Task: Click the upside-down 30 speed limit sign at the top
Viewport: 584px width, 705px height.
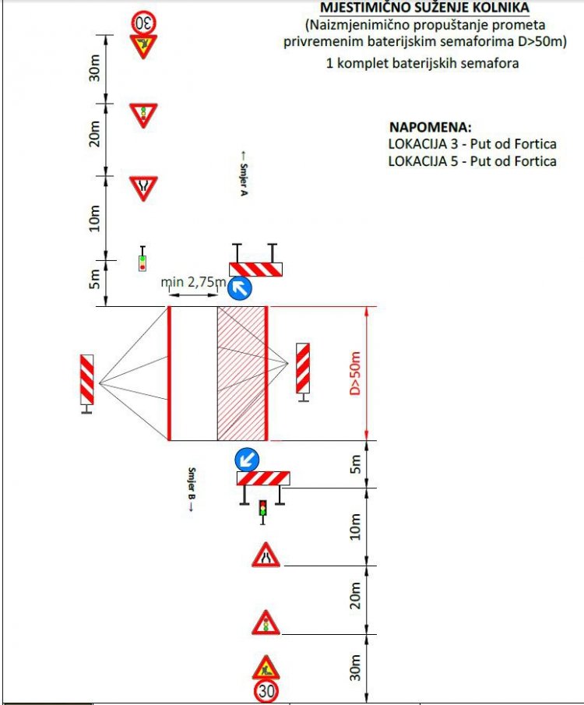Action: click(143, 22)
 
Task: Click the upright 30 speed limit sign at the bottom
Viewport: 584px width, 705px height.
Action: click(266, 690)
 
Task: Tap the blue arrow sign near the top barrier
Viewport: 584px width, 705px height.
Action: click(240, 287)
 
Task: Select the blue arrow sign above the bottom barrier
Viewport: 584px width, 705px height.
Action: click(247, 460)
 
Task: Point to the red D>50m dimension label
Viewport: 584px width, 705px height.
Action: click(355, 373)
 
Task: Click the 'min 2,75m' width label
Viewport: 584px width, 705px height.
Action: click(194, 282)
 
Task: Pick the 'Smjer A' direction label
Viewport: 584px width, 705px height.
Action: click(243, 174)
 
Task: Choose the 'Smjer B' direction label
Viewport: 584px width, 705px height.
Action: click(192, 489)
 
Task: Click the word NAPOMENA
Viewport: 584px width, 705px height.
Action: click(431, 127)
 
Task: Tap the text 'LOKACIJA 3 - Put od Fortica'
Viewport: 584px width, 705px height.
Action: click(473, 144)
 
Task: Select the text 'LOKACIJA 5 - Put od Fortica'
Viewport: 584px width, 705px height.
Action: click(473, 161)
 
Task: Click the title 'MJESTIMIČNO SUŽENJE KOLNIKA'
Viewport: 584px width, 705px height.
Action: click(424, 8)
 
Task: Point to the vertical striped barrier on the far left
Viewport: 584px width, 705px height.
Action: click(86, 379)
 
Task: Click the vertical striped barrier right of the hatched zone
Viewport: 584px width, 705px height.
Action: click(303, 368)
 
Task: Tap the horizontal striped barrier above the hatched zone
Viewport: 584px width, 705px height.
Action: click(256, 270)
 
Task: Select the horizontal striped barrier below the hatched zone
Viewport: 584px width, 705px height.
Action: click(263, 478)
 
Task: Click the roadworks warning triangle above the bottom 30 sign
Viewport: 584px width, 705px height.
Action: click(266, 668)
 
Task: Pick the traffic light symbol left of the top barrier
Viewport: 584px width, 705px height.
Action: click(142, 259)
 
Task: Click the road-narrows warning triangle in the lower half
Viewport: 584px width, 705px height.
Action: click(266, 555)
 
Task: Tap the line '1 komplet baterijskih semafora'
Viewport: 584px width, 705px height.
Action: click(422, 63)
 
